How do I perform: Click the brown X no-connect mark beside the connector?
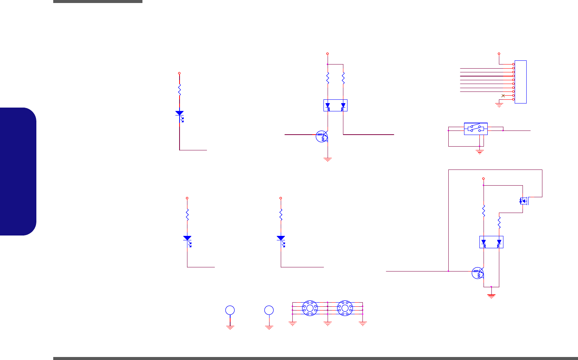tap(503, 96)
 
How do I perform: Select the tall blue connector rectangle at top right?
tap(521, 82)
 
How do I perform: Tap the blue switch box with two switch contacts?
tap(476, 129)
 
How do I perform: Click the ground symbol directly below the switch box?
tap(479, 151)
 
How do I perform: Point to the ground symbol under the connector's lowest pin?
tap(499, 105)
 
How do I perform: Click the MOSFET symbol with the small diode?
tap(524, 201)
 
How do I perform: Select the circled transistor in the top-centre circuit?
tap(322, 136)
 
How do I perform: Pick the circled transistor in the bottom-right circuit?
tap(478, 273)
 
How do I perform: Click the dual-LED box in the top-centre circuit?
tap(335, 105)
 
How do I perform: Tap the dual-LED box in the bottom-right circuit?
tap(491, 242)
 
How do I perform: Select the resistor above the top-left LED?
tap(180, 90)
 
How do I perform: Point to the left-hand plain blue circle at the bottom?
tap(230, 310)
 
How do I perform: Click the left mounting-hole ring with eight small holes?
tap(310, 308)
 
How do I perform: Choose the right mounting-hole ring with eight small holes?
tap(345, 308)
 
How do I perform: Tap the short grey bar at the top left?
tap(97, 1)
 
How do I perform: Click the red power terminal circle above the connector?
tap(499, 54)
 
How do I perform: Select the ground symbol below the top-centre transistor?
tap(328, 159)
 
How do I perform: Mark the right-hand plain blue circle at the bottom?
tap(269, 310)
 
